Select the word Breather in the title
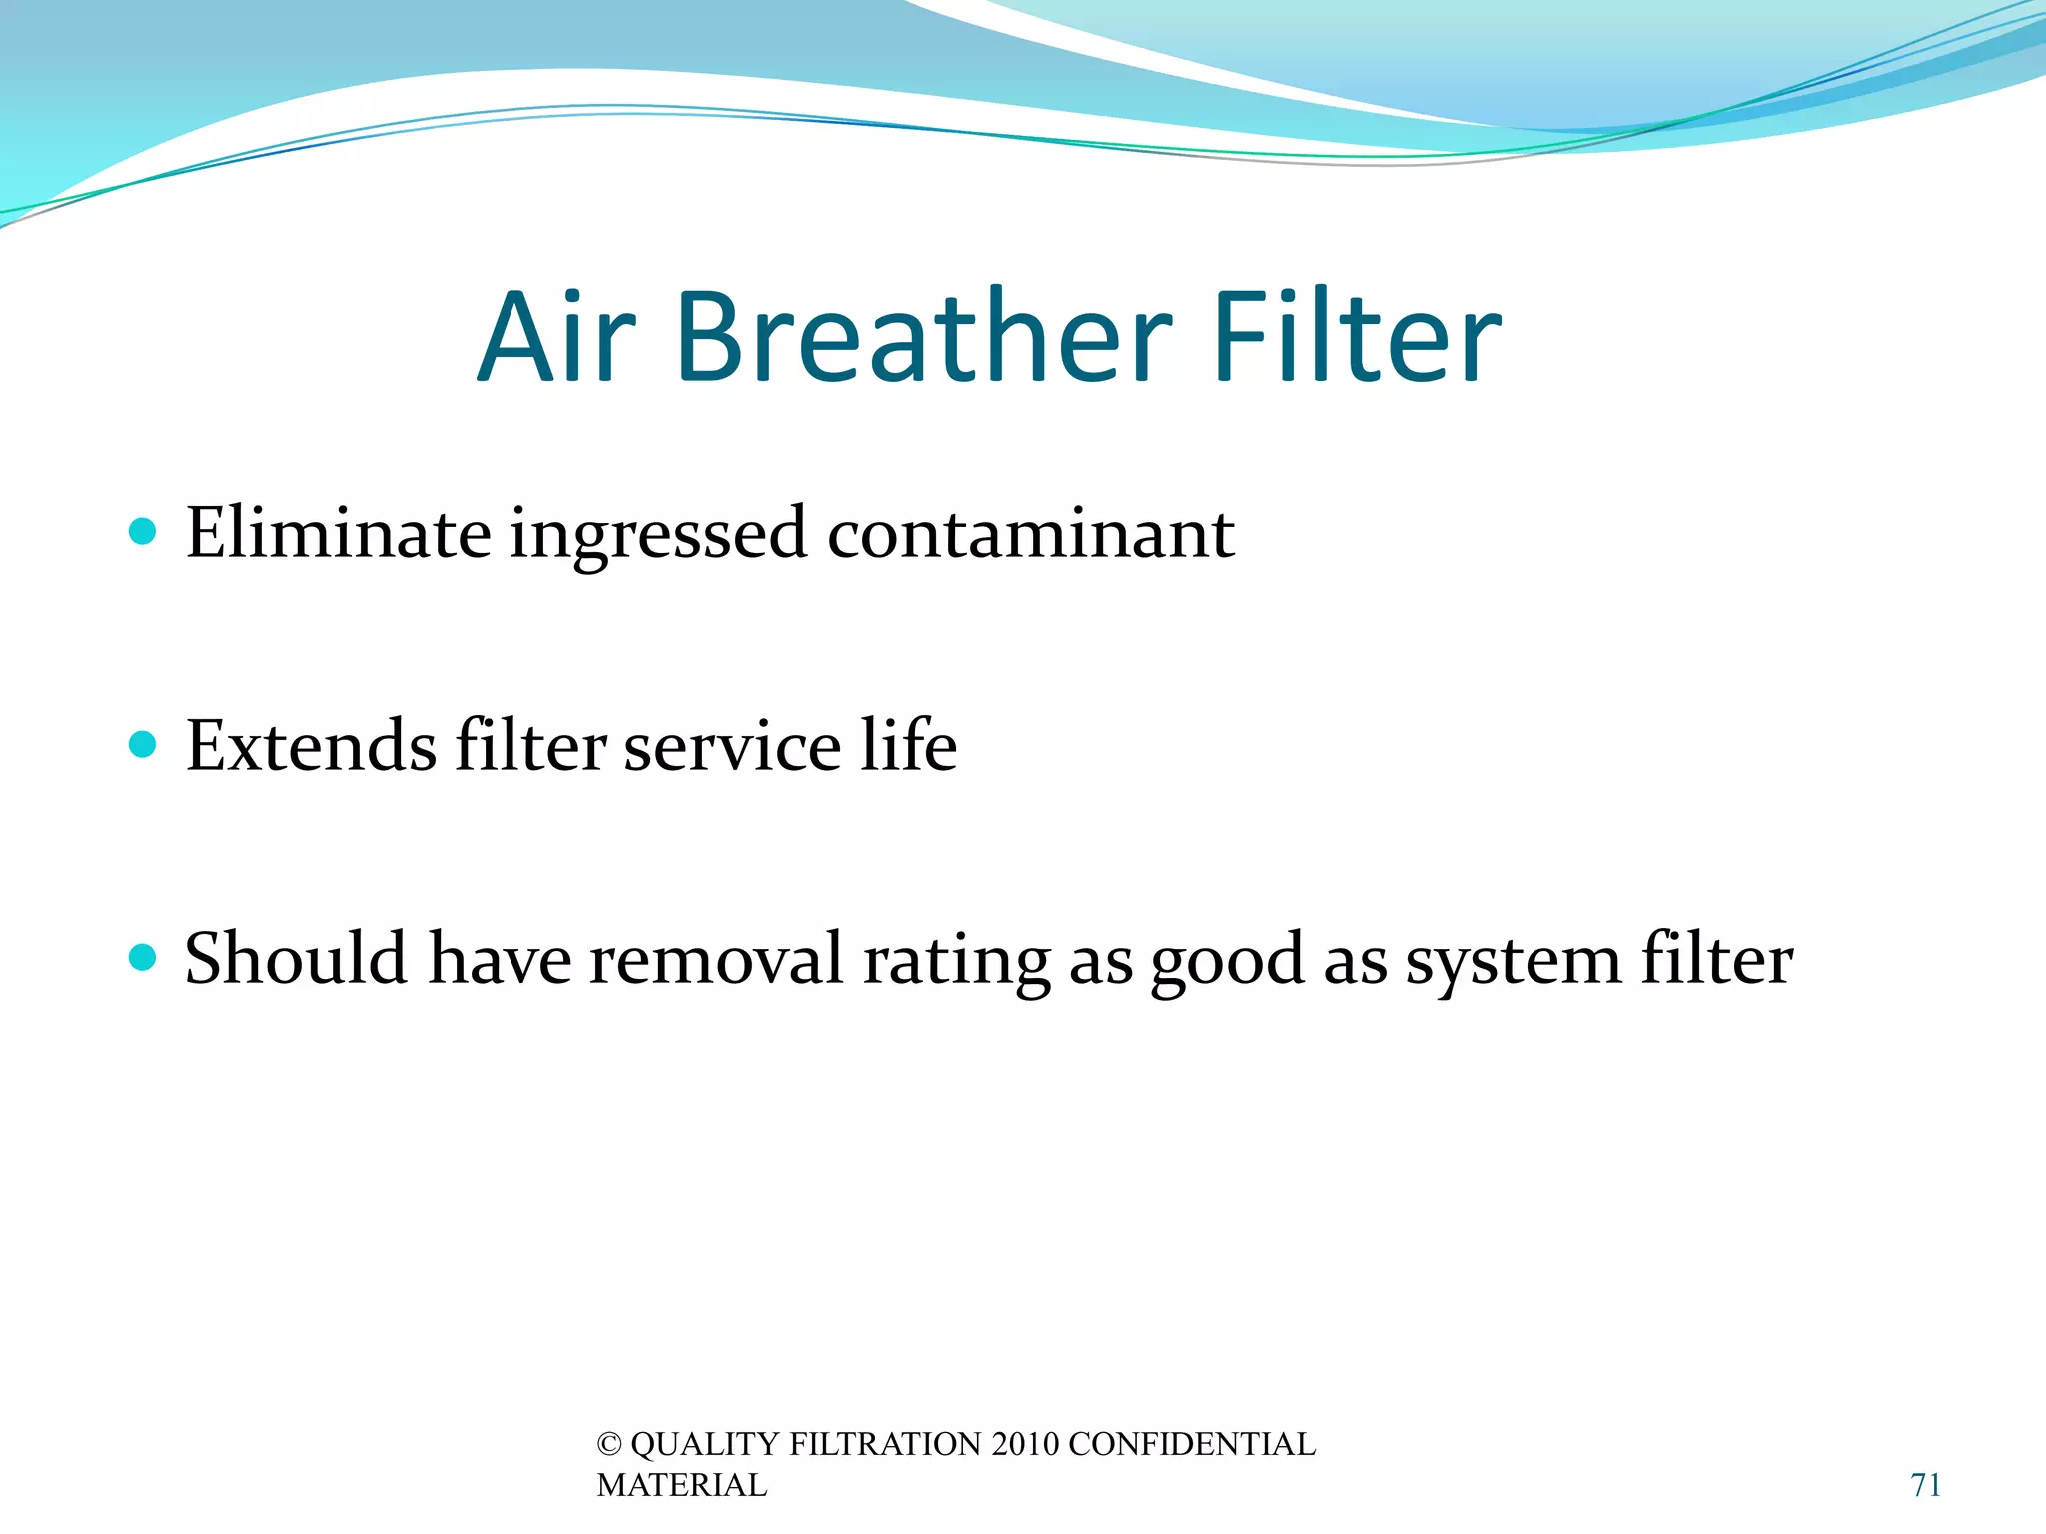coord(923,337)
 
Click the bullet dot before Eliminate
coord(143,531)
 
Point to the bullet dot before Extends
coord(143,744)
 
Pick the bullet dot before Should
coord(143,958)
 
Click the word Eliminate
coord(338,534)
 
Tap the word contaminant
coord(1030,534)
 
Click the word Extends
coord(311,747)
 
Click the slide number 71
coord(1925,1485)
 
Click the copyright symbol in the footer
coord(609,1445)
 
